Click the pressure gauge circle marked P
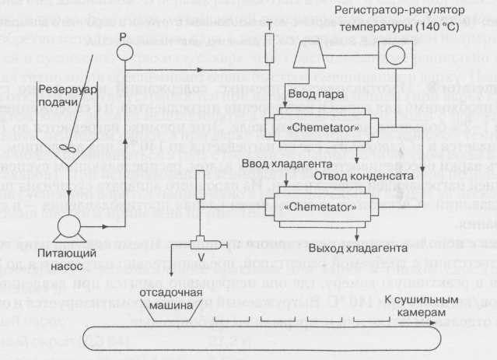(121, 54)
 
